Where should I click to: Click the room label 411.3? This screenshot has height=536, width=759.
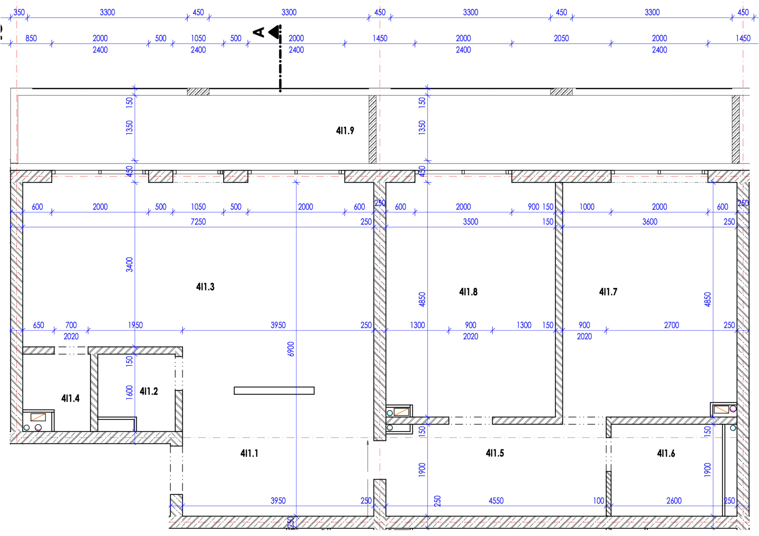pyautogui.click(x=205, y=287)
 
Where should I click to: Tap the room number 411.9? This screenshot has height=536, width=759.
pyautogui.click(x=345, y=131)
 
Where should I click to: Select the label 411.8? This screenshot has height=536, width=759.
pyautogui.click(x=468, y=292)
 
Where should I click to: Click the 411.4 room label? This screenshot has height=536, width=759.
pyautogui.click(x=70, y=398)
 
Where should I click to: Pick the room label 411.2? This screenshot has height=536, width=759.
pyautogui.click(x=149, y=391)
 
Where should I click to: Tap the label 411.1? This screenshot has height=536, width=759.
pyautogui.click(x=249, y=453)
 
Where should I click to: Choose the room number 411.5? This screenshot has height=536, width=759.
pyautogui.click(x=495, y=453)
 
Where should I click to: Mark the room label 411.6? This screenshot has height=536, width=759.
pyautogui.click(x=666, y=453)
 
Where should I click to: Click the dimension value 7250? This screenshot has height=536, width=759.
pyautogui.click(x=198, y=222)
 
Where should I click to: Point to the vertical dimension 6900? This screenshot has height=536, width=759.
pyautogui.click(x=291, y=349)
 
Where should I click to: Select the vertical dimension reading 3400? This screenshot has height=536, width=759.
pyautogui.click(x=130, y=264)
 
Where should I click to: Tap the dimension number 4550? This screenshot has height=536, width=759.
pyautogui.click(x=496, y=501)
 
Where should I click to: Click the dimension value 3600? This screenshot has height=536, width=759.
pyautogui.click(x=650, y=222)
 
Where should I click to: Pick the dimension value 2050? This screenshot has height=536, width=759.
pyautogui.click(x=561, y=38)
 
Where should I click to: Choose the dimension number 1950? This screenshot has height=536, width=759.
pyautogui.click(x=135, y=325)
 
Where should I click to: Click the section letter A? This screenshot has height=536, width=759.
pyautogui.click(x=259, y=32)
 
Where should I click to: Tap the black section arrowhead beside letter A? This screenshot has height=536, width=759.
pyautogui.click(x=274, y=32)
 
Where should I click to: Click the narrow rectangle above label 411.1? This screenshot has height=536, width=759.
pyautogui.click(x=274, y=391)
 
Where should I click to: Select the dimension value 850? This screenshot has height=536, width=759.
pyautogui.click(x=31, y=38)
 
